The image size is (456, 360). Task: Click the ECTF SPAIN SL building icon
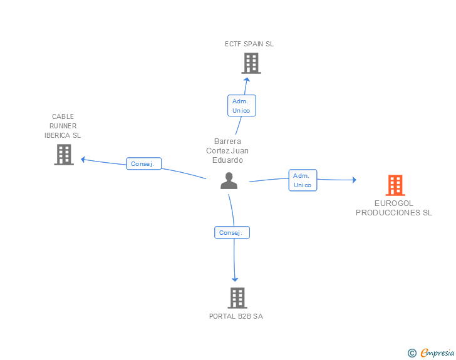(x=251, y=63)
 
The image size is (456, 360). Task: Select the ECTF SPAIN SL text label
(x=249, y=44)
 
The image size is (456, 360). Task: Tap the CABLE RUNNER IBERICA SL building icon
(x=64, y=154)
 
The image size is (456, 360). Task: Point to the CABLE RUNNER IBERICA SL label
(x=63, y=126)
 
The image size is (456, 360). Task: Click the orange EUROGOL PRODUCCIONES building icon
(x=395, y=185)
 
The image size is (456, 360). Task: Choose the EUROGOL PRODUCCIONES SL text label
(x=394, y=208)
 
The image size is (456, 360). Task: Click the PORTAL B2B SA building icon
(x=237, y=298)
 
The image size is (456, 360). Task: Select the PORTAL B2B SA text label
(x=236, y=316)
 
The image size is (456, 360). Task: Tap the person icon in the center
(x=229, y=181)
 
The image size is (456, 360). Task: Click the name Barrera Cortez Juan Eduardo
(x=227, y=150)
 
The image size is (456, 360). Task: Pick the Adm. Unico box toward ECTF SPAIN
(x=241, y=105)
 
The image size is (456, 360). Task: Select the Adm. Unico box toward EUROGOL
(x=303, y=180)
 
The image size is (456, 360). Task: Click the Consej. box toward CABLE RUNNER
(x=144, y=164)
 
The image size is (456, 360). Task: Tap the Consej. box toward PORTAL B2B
(x=232, y=232)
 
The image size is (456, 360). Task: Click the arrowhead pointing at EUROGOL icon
(x=354, y=180)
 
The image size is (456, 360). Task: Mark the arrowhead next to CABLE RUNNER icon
(x=83, y=159)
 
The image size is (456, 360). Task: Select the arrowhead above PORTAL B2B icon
(x=236, y=279)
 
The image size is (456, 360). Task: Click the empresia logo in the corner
(x=437, y=352)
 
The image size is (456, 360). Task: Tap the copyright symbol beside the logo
(x=412, y=353)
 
